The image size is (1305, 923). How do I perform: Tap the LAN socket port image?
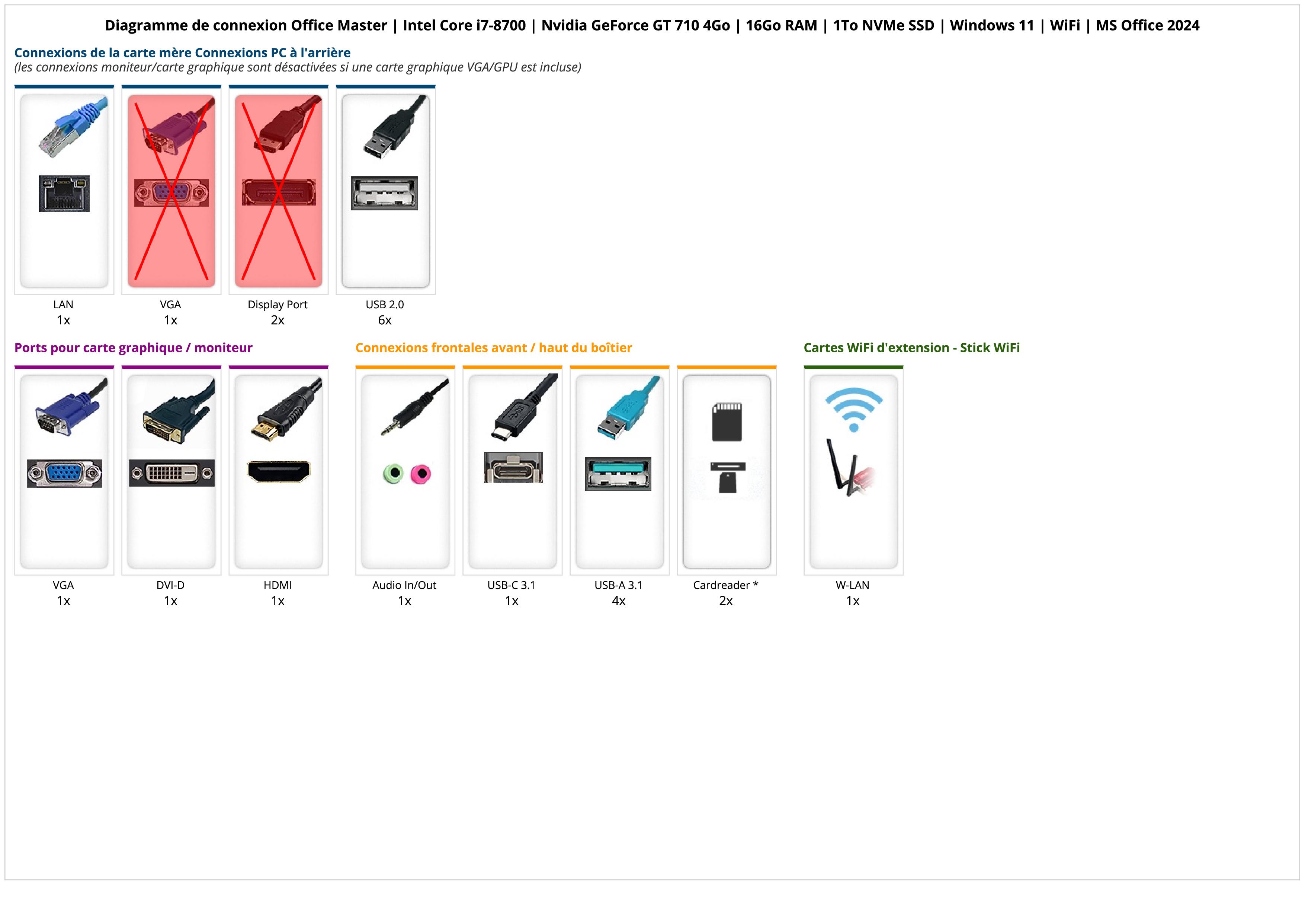[64, 193]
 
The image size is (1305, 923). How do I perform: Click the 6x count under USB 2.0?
[385, 320]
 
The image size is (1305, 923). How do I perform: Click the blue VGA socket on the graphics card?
[64, 473]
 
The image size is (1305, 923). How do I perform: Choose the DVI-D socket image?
[171, 473]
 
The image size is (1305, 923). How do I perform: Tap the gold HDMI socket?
[279, 471]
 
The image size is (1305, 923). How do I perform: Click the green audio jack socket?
[393, 473]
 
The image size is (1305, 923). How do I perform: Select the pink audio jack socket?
[421, 473]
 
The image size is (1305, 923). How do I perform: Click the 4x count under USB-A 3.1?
[618, 601]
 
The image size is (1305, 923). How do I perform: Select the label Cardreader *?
[726, 585]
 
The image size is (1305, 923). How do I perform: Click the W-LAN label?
[853, 585]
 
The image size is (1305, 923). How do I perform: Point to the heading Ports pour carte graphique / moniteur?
[133, 348]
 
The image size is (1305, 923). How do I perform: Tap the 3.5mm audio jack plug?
[410, 409]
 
